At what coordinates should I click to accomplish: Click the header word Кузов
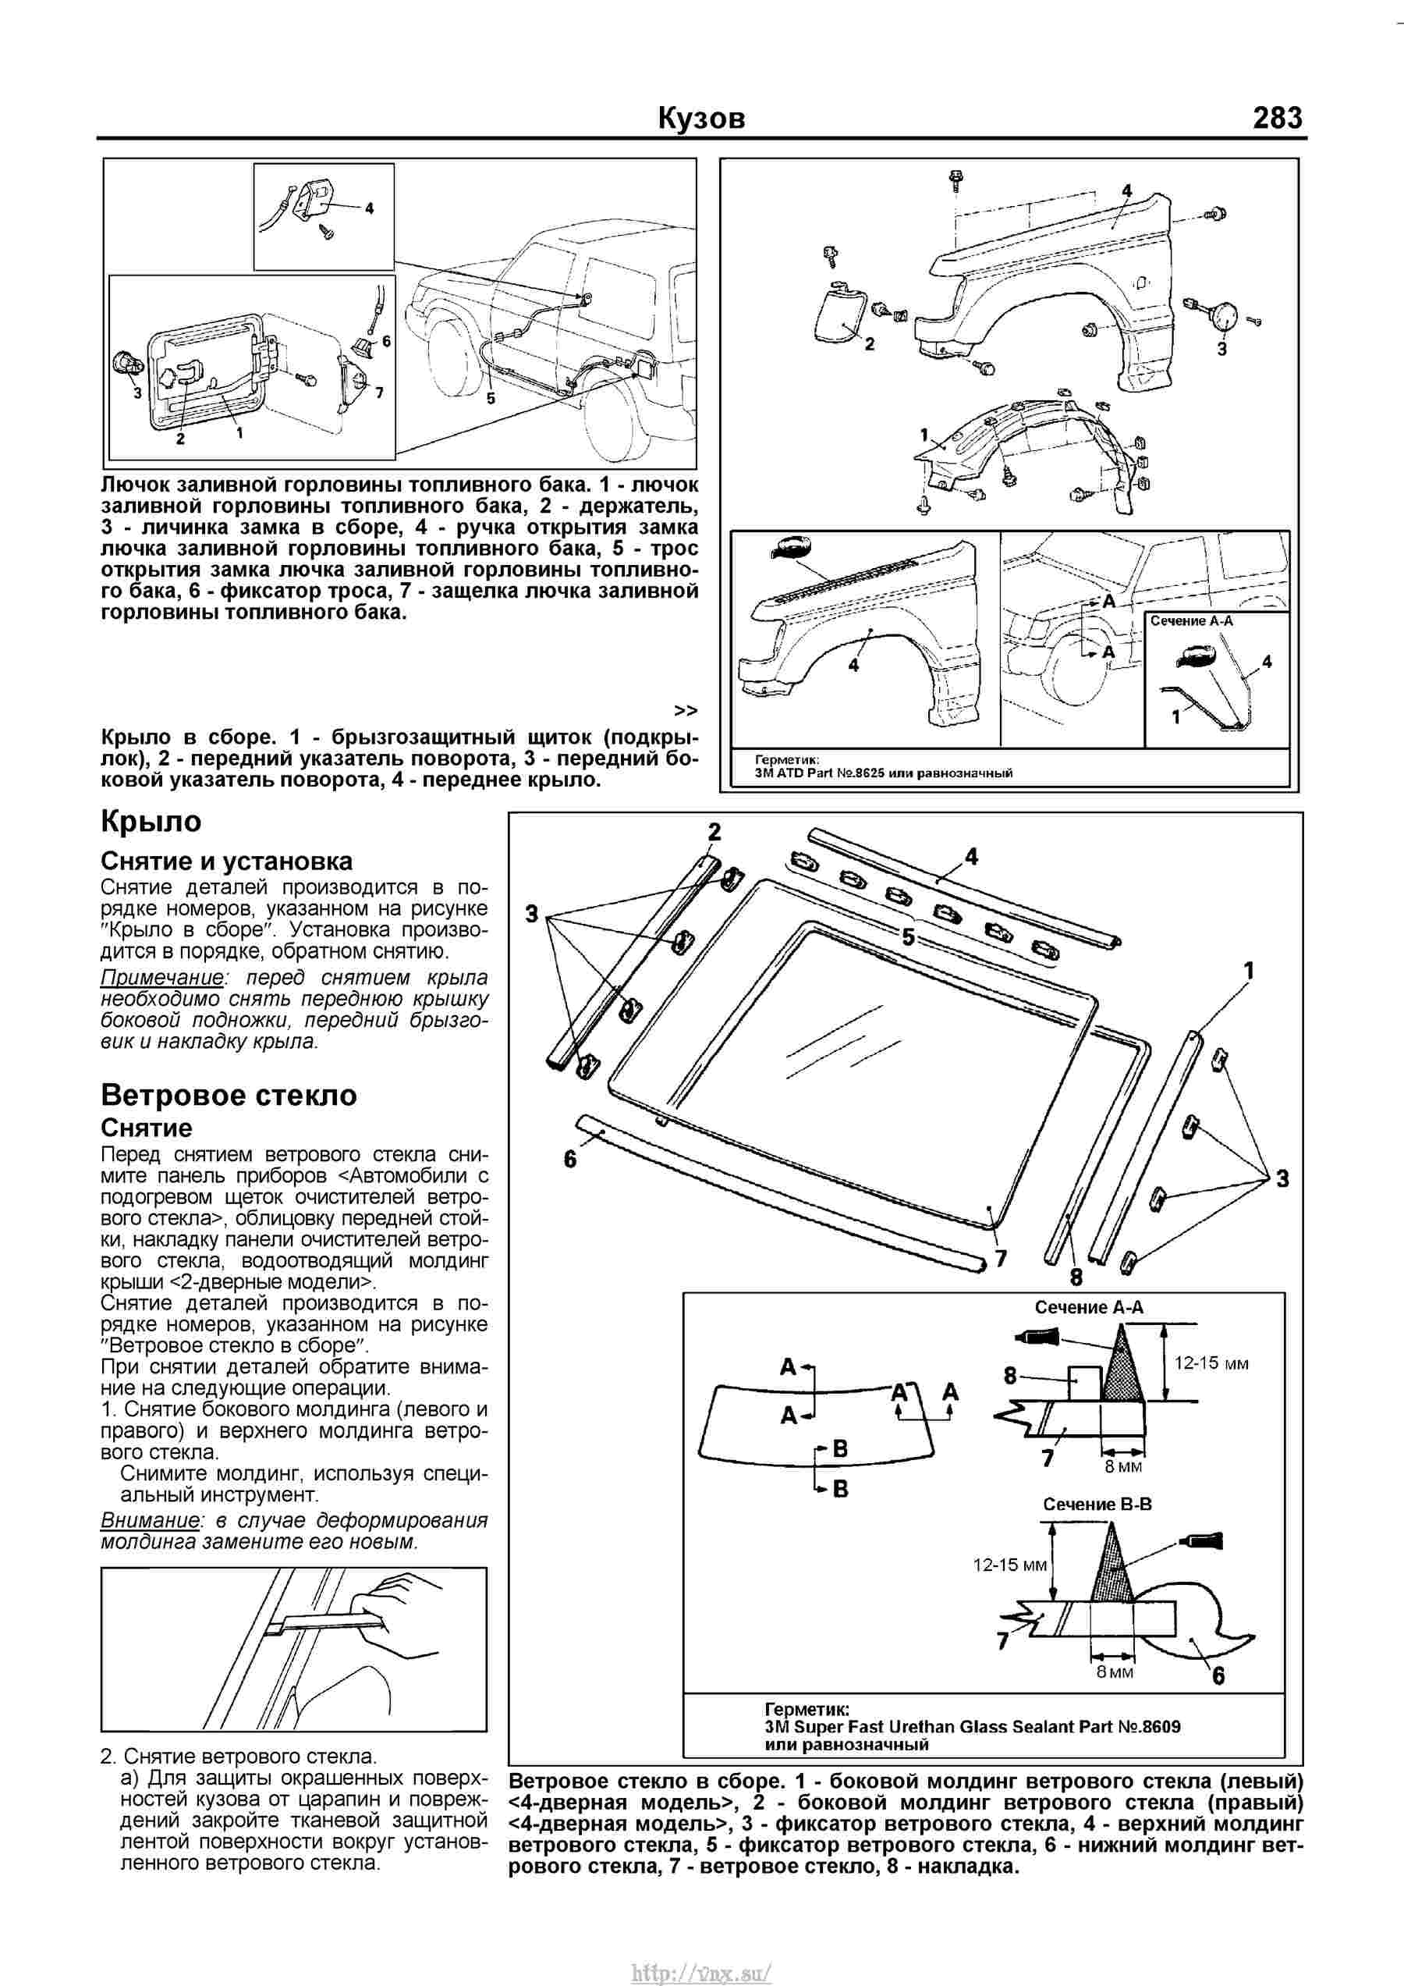701,119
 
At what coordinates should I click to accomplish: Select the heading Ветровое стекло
229,1095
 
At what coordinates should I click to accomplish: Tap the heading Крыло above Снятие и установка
151,821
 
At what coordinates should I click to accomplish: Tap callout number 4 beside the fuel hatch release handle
369,208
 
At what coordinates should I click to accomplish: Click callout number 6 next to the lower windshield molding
569,1159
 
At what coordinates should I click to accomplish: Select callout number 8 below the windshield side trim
1076,1276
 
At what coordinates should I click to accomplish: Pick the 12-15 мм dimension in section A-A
1211,1364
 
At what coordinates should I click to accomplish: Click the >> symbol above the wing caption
686,710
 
